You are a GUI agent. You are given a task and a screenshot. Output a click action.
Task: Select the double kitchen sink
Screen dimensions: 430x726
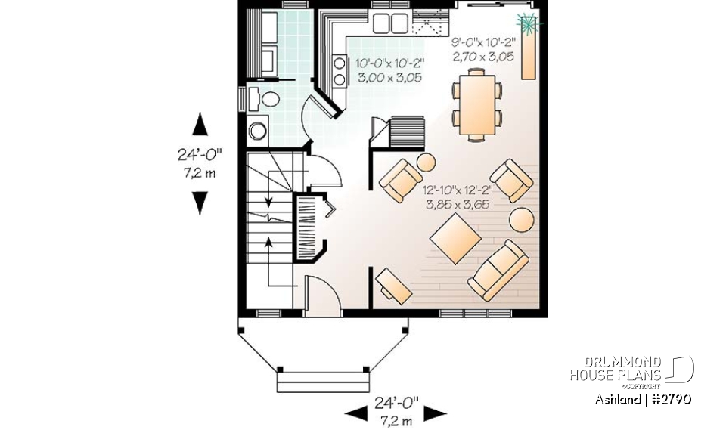click(390, 23)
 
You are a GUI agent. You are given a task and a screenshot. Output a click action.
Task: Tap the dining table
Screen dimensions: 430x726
click(476, 103)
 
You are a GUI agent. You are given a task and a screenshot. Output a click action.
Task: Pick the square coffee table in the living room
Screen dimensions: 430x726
click(456, 239)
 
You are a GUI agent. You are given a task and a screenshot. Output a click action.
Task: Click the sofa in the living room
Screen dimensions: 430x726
click(498, 269)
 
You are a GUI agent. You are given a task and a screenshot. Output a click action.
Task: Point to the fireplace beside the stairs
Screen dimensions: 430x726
click(310, 227)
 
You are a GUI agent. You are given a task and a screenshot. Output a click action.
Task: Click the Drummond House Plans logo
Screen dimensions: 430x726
click(631, 369)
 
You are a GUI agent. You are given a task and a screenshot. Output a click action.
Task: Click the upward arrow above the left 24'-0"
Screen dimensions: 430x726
click(200, 123)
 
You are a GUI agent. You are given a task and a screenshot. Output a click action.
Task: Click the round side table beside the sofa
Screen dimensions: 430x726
click(521, 220)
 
